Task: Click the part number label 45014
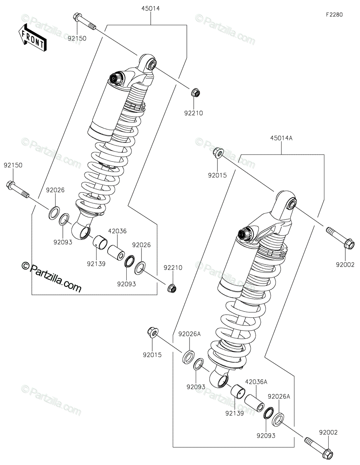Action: tap(151, 9)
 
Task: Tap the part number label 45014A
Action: tap(281, 138)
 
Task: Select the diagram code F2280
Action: tap(334, 15)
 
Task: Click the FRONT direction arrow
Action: tap(32, 38)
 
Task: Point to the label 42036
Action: tap(117, 231)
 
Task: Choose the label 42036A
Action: tap(256, 382)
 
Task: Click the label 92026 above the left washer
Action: tap(55, 190)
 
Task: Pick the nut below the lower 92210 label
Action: tap(172, 288)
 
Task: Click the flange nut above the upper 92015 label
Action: tap(219, 152)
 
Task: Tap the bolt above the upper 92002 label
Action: tap(340, 238)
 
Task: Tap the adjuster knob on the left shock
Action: tap(116, 79)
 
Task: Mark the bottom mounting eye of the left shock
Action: tap(81, 231)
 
